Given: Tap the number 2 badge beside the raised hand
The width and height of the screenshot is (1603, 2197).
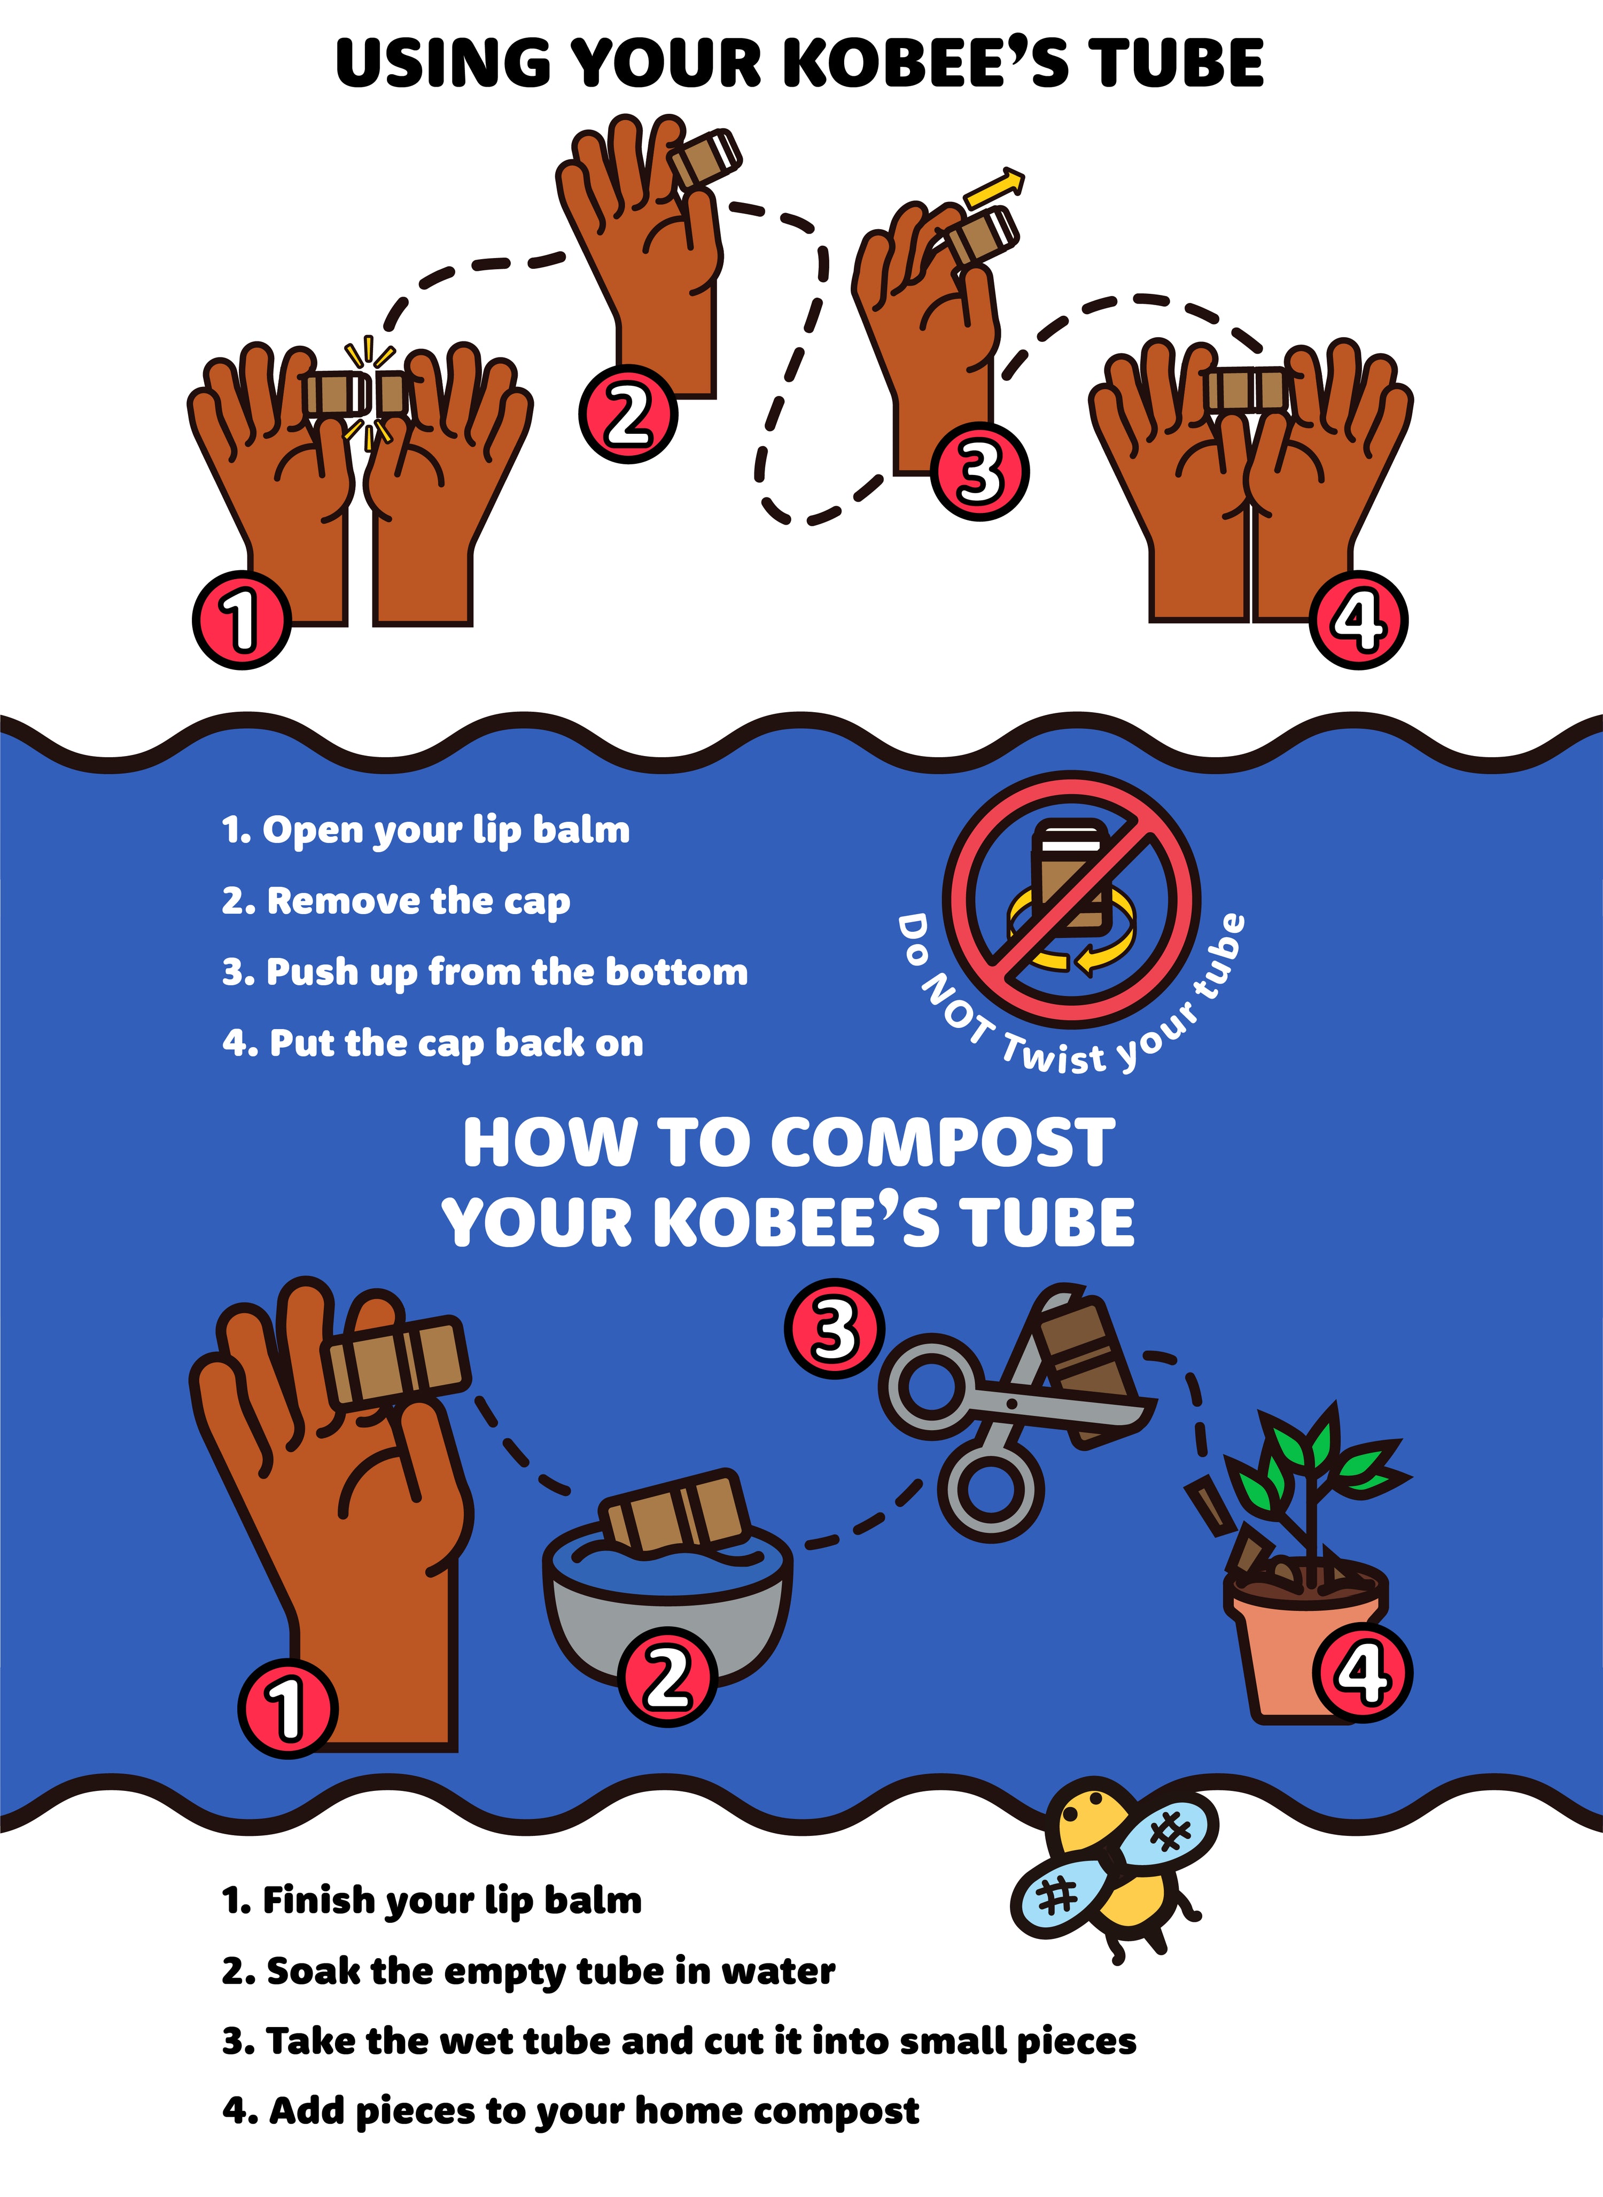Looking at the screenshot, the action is tap(628, 414).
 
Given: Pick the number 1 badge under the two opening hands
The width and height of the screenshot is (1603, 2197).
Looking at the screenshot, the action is tap(242, 621).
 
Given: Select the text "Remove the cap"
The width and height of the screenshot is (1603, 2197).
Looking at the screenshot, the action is tap(419, 902).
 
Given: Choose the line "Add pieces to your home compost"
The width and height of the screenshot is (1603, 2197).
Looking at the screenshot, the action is tap(594, 2113).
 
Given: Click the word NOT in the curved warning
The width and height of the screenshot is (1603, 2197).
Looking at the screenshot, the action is tap(956, 1009).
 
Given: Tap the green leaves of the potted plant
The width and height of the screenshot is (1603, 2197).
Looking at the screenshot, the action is tap(1315, 1460).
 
